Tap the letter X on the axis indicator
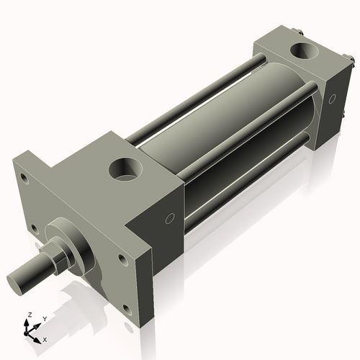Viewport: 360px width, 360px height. click(x=45, y=338)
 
